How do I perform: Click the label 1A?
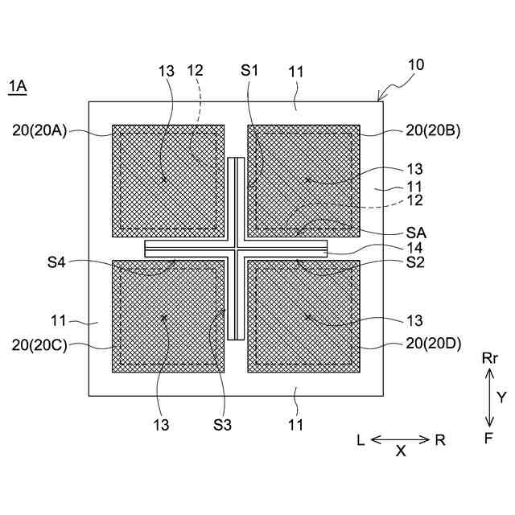(x=17, y=86)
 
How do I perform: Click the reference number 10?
(x=416, y=65)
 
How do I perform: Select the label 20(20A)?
(x=40, y=129)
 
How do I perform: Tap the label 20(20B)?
(x=433, y=129)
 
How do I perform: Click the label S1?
(x=249, y=72)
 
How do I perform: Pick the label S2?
(x=415, y=263)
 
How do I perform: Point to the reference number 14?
(x=414, y=248)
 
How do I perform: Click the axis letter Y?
(x=501, y=397)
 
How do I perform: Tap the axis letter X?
(x=401, y=452)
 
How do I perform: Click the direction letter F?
(x=488, y=439)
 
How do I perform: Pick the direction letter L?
(x=361, y=440)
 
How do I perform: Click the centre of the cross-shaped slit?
(x=236, y=248)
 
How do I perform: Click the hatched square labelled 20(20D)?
(x=303, y=315)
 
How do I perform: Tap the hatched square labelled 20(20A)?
(x=167, y=180)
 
